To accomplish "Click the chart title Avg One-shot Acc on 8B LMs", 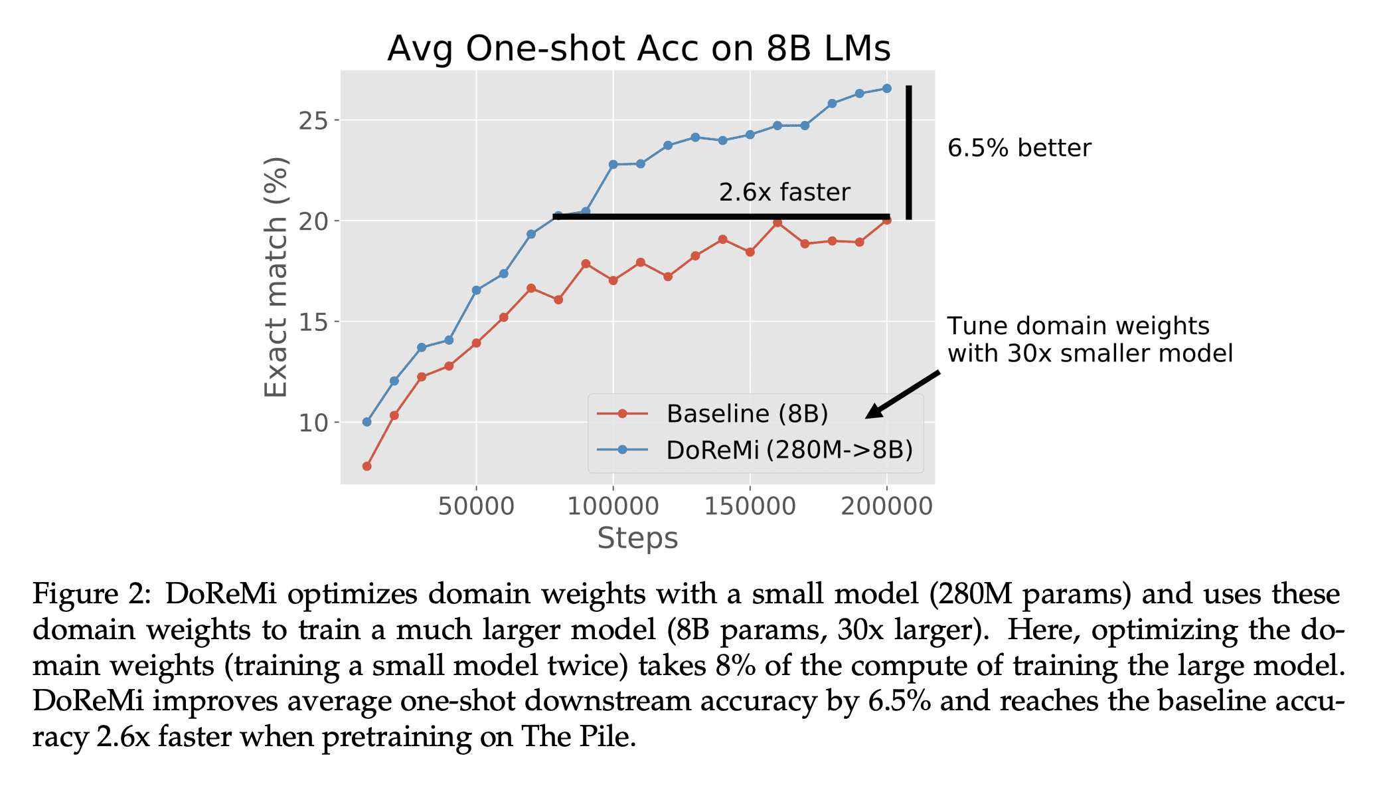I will (639, 49).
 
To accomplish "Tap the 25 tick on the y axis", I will (313, 121).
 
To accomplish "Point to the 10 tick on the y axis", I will (313, 423).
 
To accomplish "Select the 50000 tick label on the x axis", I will (476, 506).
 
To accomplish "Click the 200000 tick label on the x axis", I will (886, 506).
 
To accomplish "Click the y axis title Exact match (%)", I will (276, 277).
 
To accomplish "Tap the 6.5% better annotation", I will (1018, 148).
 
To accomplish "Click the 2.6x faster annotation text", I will (784, 193).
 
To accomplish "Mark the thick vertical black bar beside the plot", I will (909, 152).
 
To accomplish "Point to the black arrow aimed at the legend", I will (903, 395).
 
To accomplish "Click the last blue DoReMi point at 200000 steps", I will (887, 88).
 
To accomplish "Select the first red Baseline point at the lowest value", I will (366, 466).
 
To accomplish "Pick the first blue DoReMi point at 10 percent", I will (366, 422).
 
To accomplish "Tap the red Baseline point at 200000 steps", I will (887, 220).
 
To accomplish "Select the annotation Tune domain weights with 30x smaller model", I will (1089, 340).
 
